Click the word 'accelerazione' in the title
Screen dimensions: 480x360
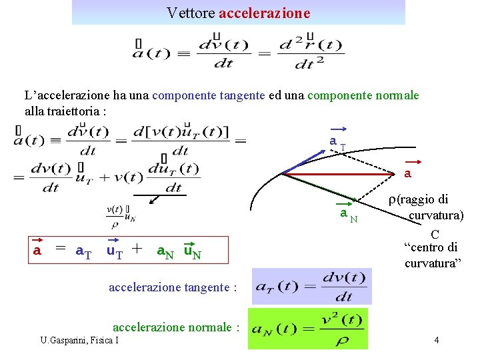(x=264, y=13)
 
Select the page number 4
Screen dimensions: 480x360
(x=436, y=341)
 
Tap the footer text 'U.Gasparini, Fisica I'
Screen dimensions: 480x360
(x=79, y=341)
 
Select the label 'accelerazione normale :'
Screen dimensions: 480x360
(x=176, y=327)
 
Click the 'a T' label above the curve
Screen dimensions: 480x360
(x=337, y=141)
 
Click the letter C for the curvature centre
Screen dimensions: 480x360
(x=435, y=235)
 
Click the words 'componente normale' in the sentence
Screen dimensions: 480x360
(x=363, y=95)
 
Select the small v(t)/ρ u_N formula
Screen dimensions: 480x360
(x=121, y=213)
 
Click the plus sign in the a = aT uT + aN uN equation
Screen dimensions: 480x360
(x=137, y=249)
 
